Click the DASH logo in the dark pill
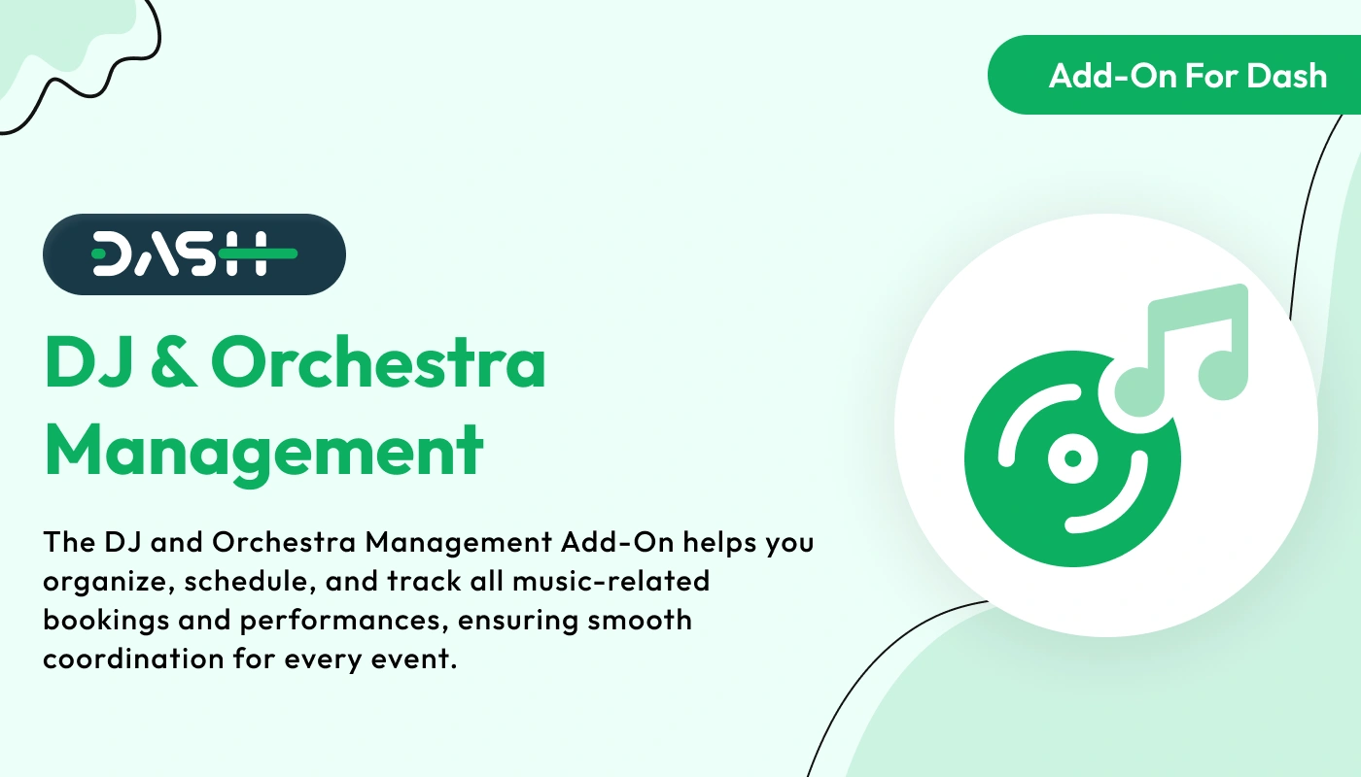coord(194,253)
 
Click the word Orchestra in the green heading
coord(378,362)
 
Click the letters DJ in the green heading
coord(88,363)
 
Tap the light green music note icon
coord(1182,351)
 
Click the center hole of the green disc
coord(1073,458)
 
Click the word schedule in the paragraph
coord(250,581)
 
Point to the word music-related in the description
coord(611,581)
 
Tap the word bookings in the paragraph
coord(106,621)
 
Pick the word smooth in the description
coord(640,620)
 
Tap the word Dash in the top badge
coord(1287,76)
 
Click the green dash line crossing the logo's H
coord(258,253)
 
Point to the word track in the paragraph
coord(424,581)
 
